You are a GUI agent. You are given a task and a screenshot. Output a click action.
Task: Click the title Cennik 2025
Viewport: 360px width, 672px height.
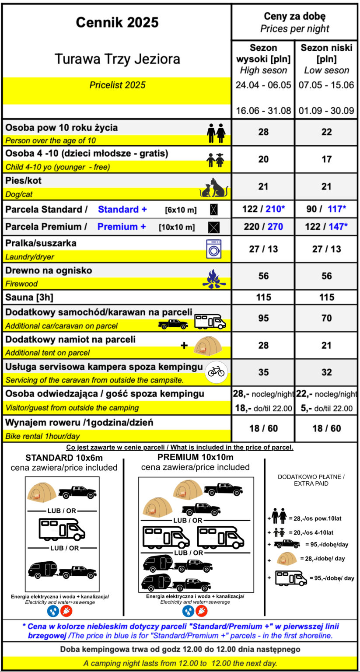[x=117, y=22]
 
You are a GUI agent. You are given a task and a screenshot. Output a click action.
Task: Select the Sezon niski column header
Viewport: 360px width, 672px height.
[x=326, y=53]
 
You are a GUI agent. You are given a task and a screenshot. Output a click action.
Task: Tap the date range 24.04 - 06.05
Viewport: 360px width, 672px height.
[x=263, y=85]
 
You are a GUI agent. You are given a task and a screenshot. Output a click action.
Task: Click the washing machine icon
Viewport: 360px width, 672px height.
[x=214, y=249]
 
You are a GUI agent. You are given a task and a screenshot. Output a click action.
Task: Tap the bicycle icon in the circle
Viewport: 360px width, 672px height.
[x=216, y=371]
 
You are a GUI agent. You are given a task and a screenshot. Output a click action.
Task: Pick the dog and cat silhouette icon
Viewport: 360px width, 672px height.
[x=214, y=188]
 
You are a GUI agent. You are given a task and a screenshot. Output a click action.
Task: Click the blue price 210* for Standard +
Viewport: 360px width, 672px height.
[x=275, y=209]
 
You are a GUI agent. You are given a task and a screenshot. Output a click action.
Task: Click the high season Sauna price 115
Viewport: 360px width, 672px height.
[x=263, y=297]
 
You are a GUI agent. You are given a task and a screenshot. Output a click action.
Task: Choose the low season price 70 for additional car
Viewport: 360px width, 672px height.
[x=326, y=318]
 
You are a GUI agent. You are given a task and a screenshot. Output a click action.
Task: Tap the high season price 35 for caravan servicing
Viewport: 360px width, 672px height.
[x=263, y=372]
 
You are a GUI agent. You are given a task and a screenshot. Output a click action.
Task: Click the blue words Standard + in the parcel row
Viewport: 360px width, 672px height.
[x=122, y=210]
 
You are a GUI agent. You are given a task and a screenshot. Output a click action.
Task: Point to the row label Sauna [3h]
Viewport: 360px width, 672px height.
[x=29, y=297]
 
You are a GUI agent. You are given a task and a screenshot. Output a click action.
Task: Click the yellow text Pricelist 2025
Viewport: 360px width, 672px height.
[x=117, y=85]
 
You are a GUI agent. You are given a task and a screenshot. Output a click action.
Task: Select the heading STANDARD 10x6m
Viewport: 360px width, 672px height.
[x=64, y=458]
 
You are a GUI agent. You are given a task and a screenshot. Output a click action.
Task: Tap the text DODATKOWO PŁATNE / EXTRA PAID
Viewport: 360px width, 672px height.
[x=311, y=480]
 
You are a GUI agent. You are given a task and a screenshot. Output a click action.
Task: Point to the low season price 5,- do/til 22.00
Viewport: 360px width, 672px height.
[x=326, y=409]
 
